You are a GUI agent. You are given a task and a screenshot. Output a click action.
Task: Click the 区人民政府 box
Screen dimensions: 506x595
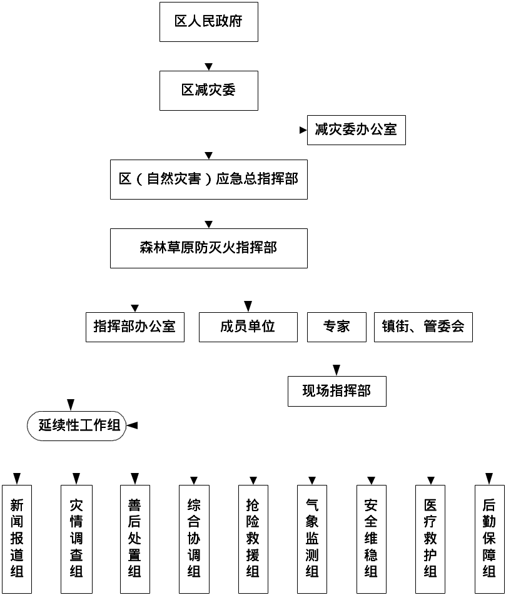[209, 22]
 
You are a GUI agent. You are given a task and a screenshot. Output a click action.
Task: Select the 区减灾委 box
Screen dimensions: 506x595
[209, 91]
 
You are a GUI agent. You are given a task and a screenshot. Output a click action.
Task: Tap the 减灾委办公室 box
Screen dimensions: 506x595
[356, 130]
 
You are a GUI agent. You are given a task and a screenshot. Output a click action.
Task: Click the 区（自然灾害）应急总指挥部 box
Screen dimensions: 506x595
[209, 180]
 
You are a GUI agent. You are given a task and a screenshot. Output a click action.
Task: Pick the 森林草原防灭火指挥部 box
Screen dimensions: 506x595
[209, 248]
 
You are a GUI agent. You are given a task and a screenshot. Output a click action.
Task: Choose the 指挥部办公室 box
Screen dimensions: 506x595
[135, 327]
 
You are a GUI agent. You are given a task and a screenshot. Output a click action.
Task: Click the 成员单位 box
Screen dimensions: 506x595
[248, 327]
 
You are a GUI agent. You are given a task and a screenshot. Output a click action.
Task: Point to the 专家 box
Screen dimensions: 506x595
[337, 327]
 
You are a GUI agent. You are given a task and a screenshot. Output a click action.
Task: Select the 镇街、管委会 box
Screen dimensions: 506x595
[423, 327]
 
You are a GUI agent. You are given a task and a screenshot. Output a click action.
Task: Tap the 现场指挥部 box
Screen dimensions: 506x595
[337, 391]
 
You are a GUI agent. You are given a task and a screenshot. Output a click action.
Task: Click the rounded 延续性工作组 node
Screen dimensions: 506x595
[76, 425]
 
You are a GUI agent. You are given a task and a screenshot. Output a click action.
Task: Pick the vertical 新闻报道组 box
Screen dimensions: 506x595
[17, 539]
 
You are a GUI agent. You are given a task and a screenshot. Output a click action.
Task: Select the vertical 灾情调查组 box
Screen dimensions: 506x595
[76, 539]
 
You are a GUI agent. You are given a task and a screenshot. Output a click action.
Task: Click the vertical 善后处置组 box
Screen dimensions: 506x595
[134, 539]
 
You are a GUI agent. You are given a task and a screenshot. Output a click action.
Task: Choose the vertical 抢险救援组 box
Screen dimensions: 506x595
[253, 539]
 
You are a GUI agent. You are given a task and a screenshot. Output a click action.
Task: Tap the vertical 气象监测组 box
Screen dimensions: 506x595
[311, 539]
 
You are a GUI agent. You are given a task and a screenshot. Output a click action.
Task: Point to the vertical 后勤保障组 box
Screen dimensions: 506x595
[489, 539]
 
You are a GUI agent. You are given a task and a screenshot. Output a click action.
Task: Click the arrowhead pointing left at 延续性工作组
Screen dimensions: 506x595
[131, 425]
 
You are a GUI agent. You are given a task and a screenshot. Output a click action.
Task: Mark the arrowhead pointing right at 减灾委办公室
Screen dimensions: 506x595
[303, 130]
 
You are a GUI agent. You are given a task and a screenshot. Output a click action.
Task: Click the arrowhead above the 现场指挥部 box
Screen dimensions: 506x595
[336, 370]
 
